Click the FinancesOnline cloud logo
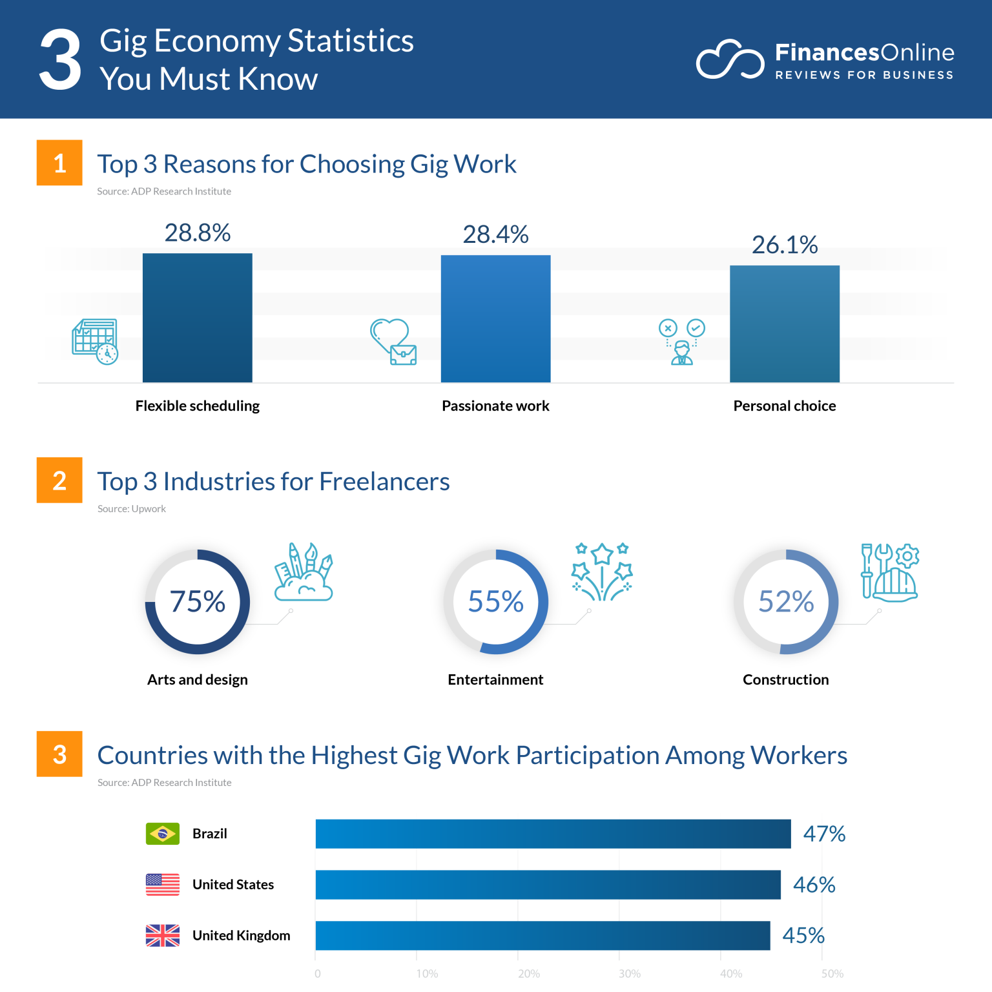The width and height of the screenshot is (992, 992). [729, 60]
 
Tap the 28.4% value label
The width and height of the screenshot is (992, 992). [495, 234]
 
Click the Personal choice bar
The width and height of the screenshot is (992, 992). [784, 324]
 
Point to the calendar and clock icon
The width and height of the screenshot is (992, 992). [95, 342]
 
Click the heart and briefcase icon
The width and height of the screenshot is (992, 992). [393, 342]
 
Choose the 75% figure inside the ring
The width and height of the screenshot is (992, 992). [198, 602]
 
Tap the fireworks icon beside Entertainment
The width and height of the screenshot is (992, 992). [602, 572]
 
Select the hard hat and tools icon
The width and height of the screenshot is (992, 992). [890, 572]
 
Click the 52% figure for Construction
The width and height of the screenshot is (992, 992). [785, 602]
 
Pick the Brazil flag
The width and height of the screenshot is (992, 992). [163, 834]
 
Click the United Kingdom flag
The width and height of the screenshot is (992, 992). [163, 935]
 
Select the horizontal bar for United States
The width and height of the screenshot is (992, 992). [548, 885]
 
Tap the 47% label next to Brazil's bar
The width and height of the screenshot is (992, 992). [824, 834]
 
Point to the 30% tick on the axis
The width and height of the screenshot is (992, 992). [630, 974]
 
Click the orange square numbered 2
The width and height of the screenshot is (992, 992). [59, 480]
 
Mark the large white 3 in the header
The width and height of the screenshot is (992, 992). [60, 60]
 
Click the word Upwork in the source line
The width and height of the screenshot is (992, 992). [149, 509]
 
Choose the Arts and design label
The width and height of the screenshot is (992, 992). [198, 679]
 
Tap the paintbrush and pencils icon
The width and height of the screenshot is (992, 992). [304, 572]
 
